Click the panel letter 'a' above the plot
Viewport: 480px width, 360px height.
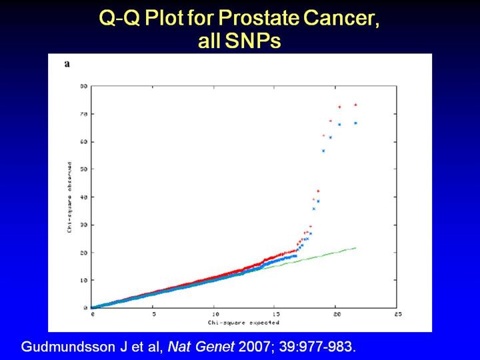coord(67,64)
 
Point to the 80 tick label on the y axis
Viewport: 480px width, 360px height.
coord(85,87)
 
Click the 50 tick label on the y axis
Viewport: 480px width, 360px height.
coord(85,169)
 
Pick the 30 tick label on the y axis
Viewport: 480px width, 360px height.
coord(85,225)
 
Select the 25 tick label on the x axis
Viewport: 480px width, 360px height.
coord(397,313)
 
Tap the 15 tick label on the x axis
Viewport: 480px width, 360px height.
coord(275,313)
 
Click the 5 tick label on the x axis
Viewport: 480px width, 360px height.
coord(153,313)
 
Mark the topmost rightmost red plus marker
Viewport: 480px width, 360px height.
coord(355,105)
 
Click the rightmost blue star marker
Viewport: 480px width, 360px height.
coord(355,123)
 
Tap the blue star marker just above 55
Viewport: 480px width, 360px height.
coord(323,151)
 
